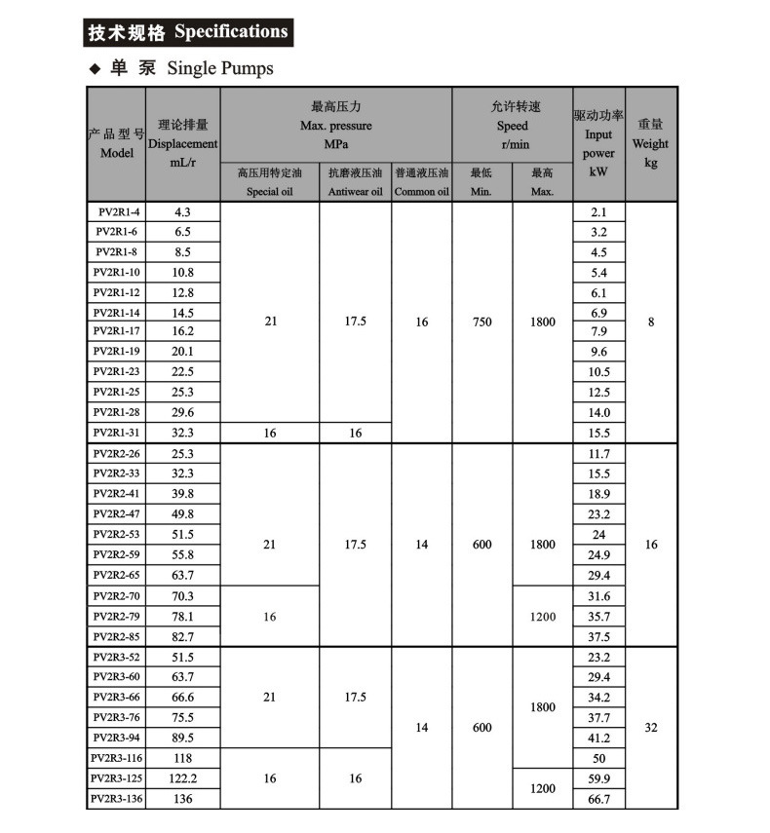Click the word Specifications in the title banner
(x=231, y=31)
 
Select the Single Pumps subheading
(x=219, y=68)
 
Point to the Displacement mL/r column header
(x=182, y=143)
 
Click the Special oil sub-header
(x=269, y=191)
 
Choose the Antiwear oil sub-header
(x=356, y=191)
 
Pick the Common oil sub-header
(x=422, y=191)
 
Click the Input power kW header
(x=598, y=143)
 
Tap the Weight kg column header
(x=650, y=143)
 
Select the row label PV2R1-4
(x=117, y=211)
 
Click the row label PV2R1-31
(x=117, y=433)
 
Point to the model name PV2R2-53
(x=117, y=534)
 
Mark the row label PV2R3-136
(x=117, y=799)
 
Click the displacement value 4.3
(x=182, y=211)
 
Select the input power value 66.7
(x=598, y=799)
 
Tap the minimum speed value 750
(x=482, y=322)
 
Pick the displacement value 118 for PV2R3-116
(x=182, y=758)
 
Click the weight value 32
(x=650, y=727)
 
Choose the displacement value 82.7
(x=182, y=636)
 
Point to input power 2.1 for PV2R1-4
(x=598, y=211)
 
